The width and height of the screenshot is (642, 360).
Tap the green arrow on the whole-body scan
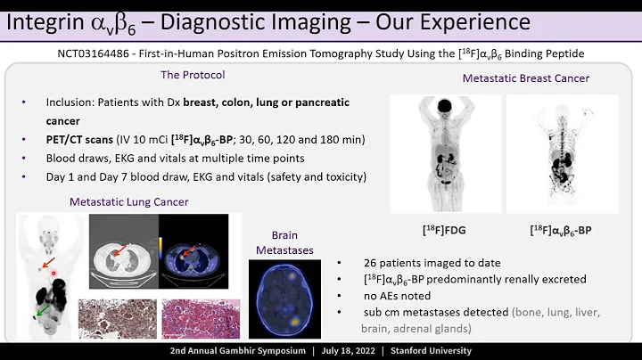(37, 311)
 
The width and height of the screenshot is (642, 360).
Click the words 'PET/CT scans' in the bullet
(72, 139)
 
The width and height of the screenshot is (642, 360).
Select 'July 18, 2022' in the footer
(337, 350)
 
